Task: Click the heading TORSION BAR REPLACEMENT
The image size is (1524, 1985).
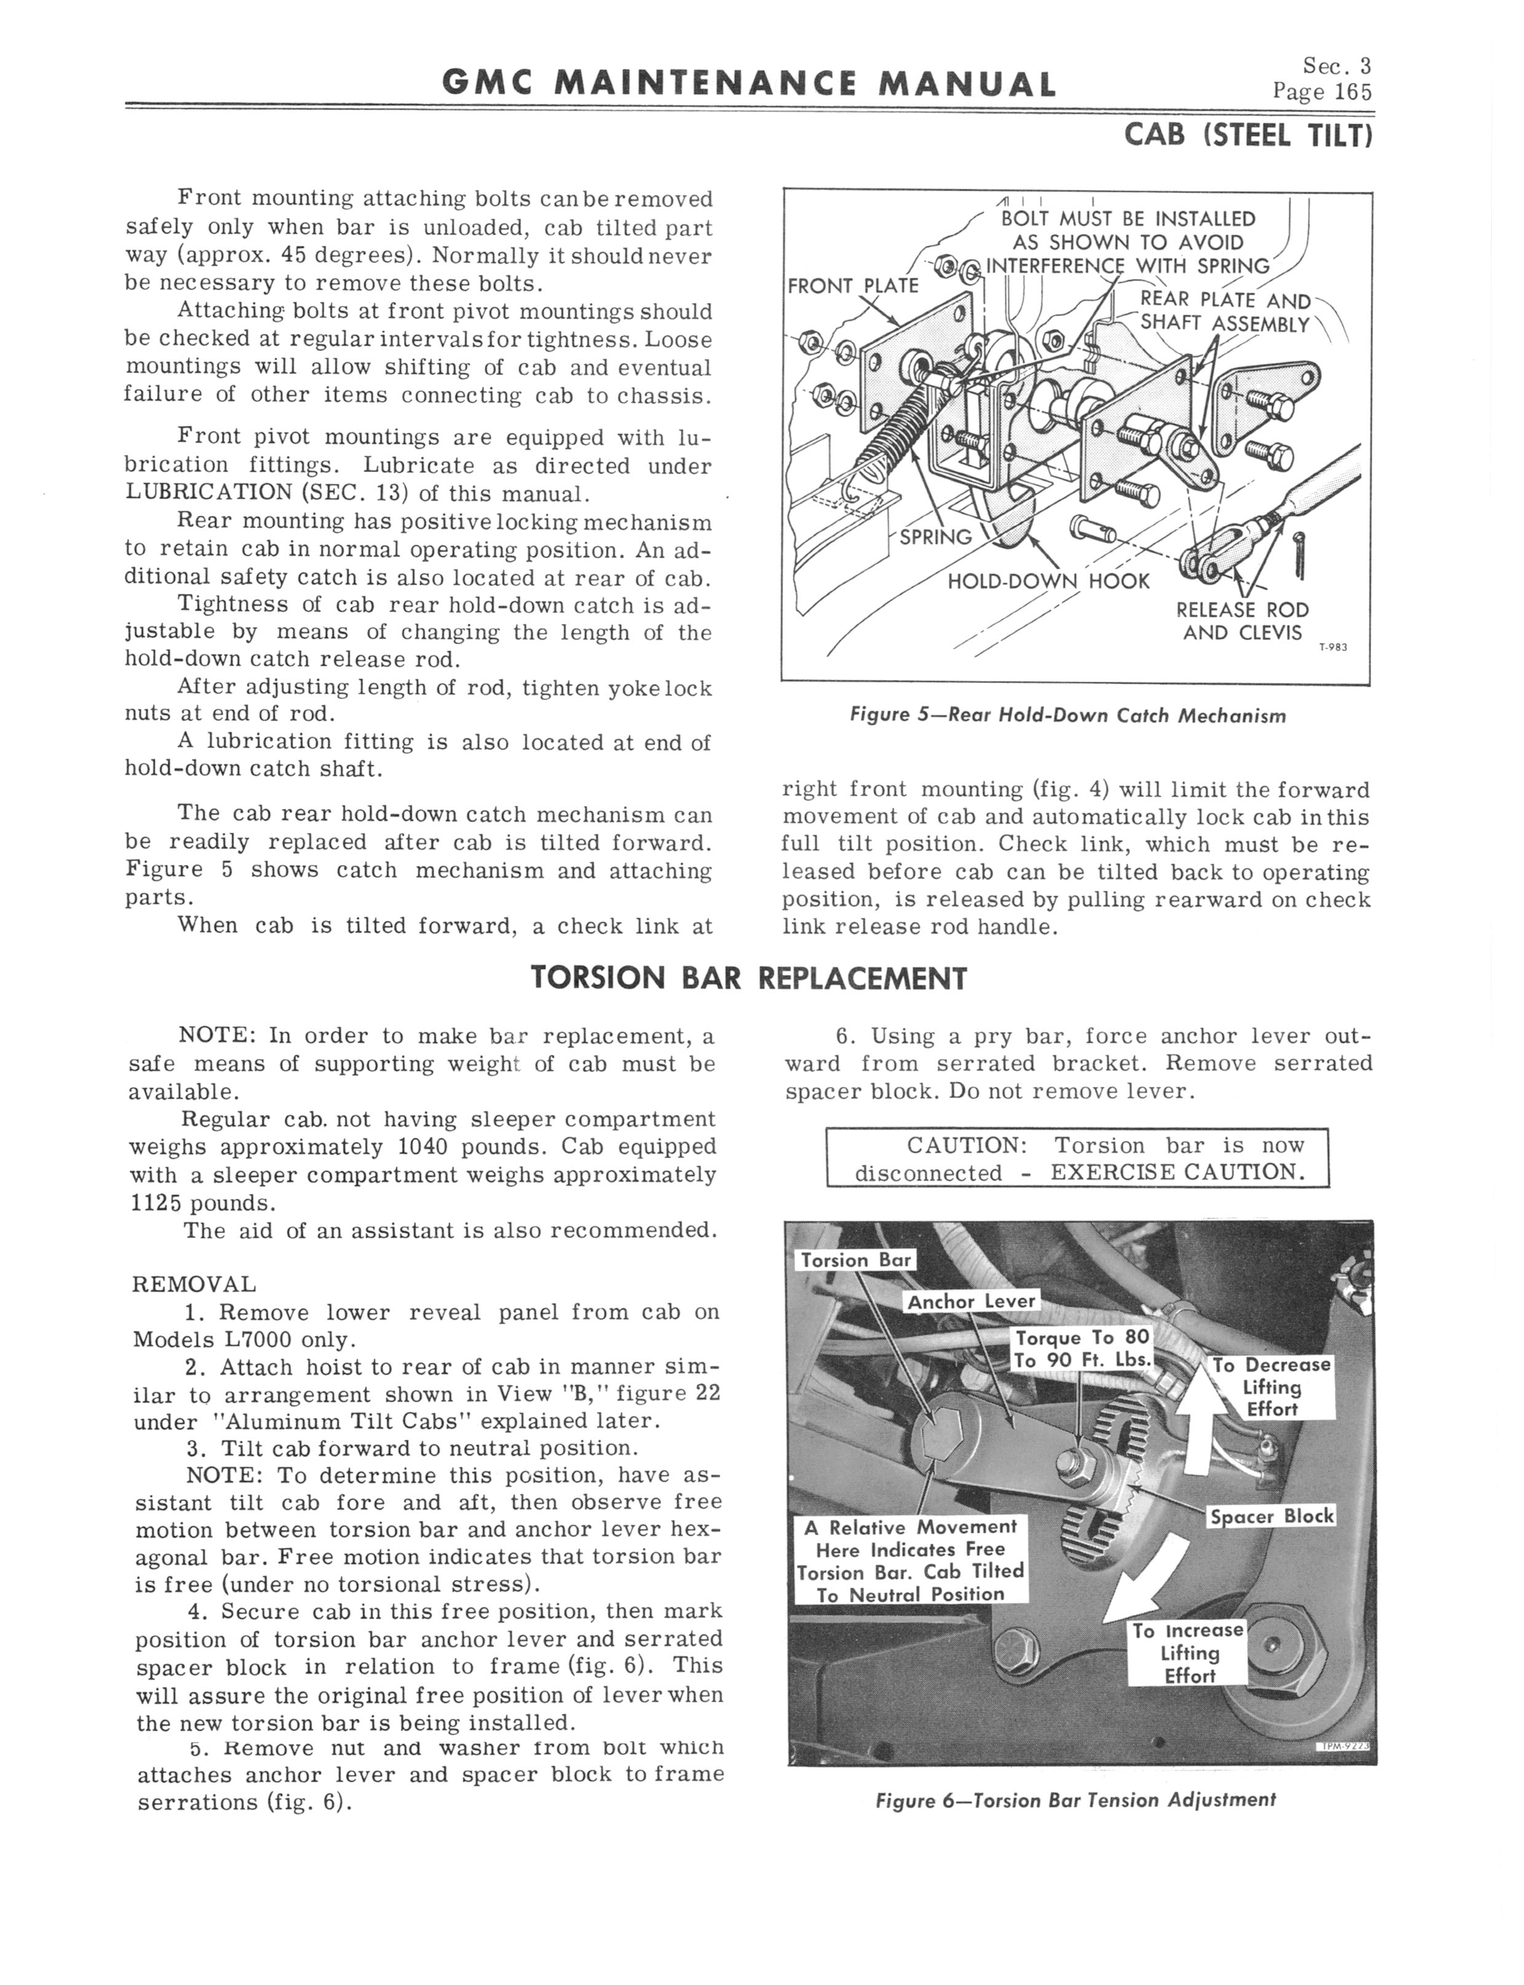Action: (x=748, y=978)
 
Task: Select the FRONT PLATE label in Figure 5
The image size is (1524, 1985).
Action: (x=853, y=286)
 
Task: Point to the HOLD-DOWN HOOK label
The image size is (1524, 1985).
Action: (x=1048, y=580)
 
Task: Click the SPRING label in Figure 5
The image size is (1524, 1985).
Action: (x=935, y=537)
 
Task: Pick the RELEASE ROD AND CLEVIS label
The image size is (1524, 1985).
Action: (x=1242, y=622)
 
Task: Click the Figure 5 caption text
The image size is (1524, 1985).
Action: (x=1067, y=716)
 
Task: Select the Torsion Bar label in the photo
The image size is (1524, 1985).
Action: (x=855, y=1260)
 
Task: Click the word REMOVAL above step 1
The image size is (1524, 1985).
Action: (x=194, y=1285)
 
